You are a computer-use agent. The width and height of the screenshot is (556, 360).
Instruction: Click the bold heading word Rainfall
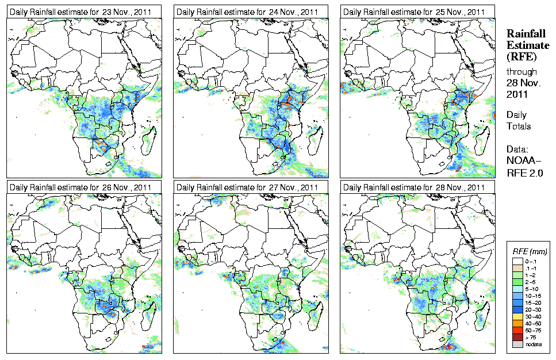[525, 34]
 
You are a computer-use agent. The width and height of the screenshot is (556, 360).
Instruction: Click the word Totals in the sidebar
[519, 126]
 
